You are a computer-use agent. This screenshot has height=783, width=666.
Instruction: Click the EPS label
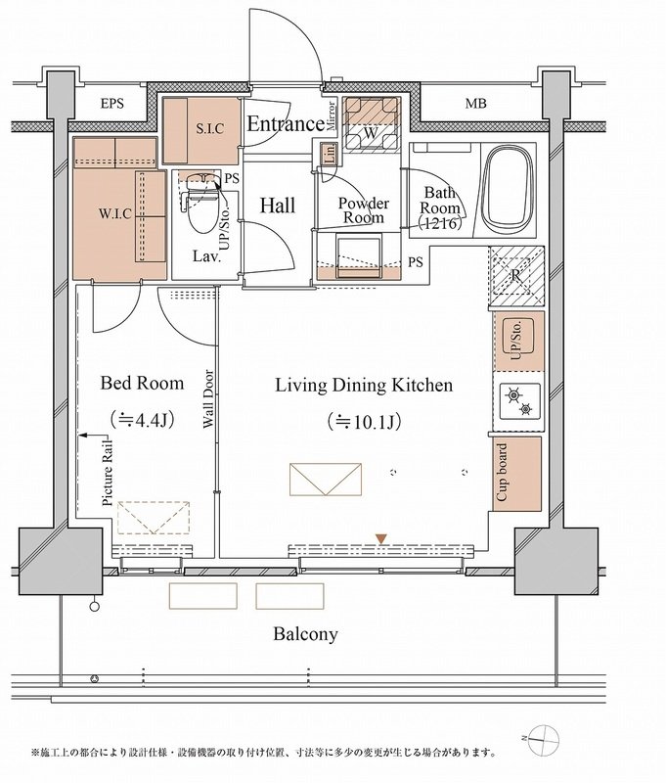tap(111, 104)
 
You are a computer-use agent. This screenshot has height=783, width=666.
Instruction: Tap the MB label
tap(475, 104)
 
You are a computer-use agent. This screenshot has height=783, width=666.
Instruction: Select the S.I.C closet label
tap(209, 129)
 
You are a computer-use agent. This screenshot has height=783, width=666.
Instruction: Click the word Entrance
tap(286, 123)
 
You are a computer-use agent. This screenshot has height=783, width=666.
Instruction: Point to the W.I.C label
tap(115, 213)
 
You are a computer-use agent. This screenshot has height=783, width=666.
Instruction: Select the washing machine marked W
tap(371, 124)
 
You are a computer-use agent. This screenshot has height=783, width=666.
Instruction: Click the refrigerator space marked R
tap(516, 276)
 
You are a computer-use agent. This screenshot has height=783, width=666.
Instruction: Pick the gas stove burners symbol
tap(518, 402)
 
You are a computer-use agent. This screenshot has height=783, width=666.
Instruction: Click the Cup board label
tap(502, 473)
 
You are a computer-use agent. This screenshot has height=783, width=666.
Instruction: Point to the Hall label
tap(278, 206)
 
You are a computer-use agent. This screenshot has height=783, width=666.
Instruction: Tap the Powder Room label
tap(364, 210)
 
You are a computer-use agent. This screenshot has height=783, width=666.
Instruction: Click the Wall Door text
tap(208, 399)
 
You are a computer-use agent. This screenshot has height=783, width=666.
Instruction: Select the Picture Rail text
tap(108, 473)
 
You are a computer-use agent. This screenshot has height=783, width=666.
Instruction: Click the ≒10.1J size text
tap(365, 422)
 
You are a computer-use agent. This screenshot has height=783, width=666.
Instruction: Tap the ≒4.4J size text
tap(142, 420)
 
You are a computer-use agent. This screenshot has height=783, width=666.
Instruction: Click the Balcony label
tap(305, 634)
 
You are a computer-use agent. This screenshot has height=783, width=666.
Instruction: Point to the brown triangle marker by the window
tap(381, 539)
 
